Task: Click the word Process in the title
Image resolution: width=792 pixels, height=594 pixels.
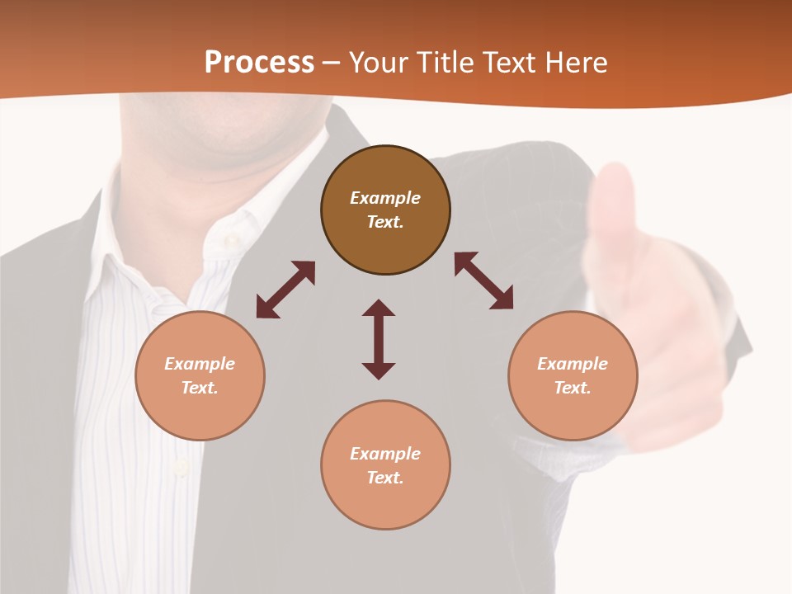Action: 259,63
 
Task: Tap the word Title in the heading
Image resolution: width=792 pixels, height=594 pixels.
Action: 445,63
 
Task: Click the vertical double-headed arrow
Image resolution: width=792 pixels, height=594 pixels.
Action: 379,339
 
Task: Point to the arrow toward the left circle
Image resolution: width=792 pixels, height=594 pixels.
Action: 285,290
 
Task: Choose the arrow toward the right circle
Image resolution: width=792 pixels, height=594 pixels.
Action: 484,280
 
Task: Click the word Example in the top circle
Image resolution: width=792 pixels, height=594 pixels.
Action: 385,198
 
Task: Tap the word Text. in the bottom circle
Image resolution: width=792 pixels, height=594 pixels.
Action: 385,478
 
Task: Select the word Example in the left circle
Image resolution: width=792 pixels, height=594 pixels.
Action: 200,364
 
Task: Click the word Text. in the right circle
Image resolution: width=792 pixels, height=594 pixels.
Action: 573,388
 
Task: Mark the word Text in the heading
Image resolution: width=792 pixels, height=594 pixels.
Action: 507,63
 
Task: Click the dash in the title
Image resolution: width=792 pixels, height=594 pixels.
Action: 332,64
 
